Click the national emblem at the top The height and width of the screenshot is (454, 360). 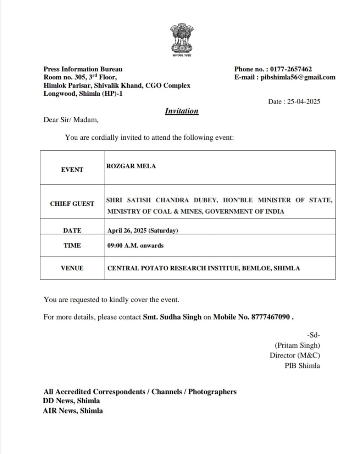(x=181, y=39)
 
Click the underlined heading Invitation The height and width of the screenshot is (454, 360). (x=182, y=111)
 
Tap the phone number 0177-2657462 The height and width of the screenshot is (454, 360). (x=291, y=69)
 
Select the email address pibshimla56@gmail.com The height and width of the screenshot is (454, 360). (x=298, y=77)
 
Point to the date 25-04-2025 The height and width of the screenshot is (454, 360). (x=304, y=102)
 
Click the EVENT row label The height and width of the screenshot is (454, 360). (x=72, y=170)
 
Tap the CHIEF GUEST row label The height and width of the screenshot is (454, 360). (x=72, y=204)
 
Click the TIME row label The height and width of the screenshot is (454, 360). (x=72, y=245)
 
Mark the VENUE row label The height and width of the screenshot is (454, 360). (x=72, y=268)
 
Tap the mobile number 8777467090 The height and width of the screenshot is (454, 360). (x=270, y=317)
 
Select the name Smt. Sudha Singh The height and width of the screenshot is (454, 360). (x=172, y=317)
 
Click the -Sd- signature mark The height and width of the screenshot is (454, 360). (x=313, y=335)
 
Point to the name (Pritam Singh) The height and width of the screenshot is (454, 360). (x=297, y=345)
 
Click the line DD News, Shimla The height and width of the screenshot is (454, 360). (x=71, y=401)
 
